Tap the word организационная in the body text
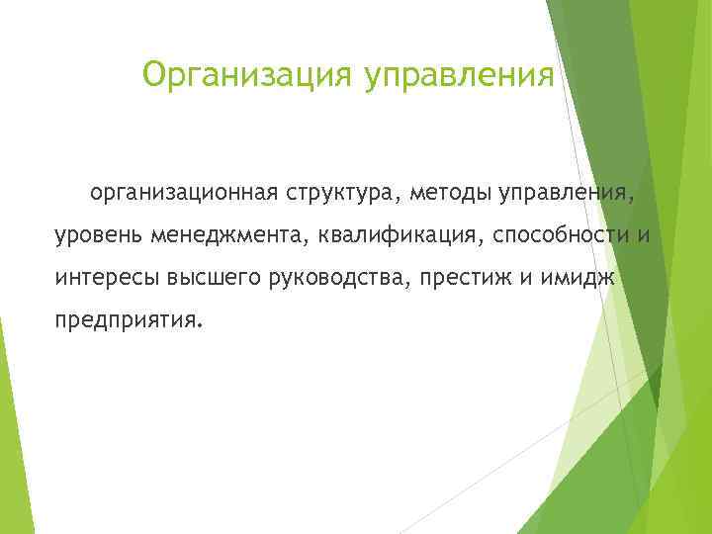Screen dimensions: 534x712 pos(187,190)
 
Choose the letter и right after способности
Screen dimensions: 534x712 pos(643,235)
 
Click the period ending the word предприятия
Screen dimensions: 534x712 pos(199,327)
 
